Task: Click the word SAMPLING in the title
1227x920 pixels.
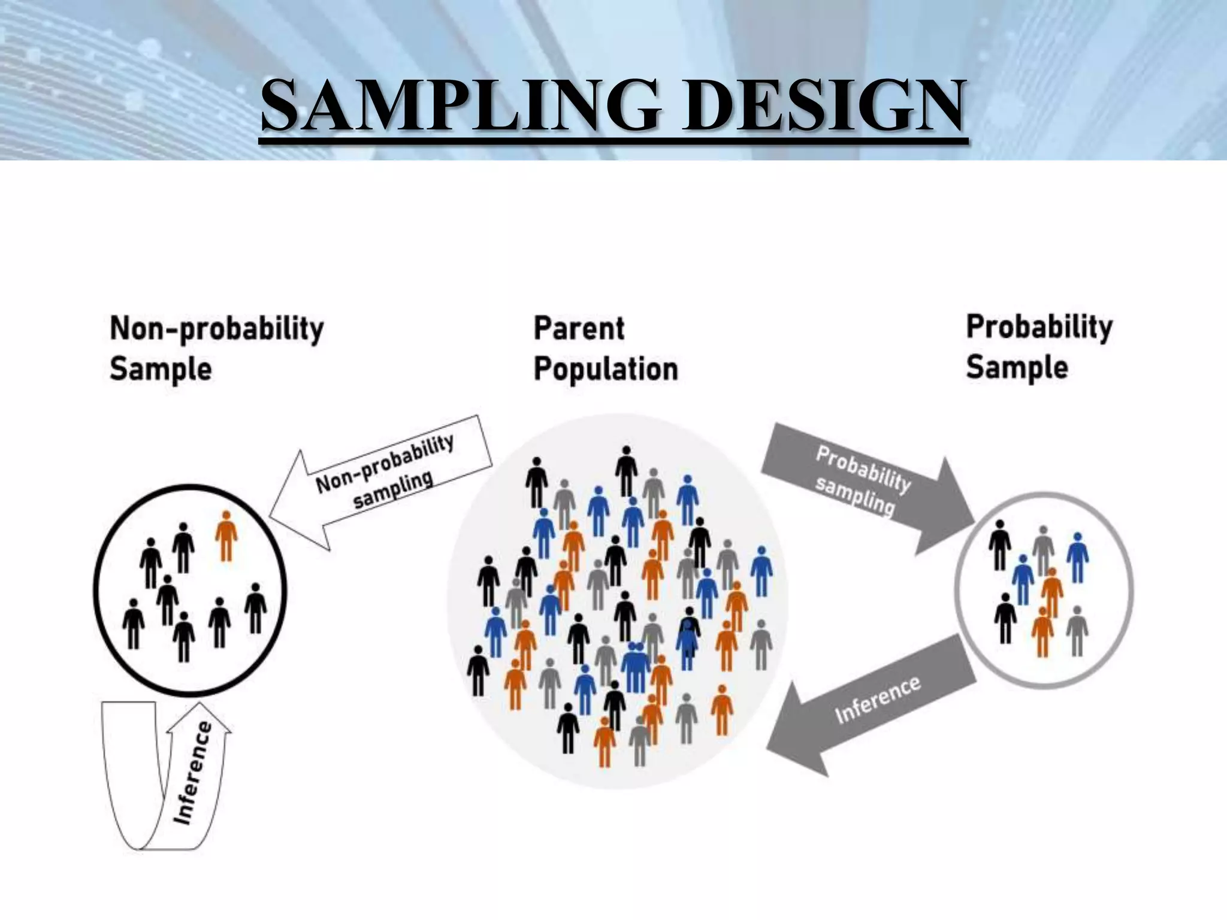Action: click(461, 107)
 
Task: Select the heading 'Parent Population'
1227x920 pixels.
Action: click(605, 348)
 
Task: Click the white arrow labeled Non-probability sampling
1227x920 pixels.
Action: click(383, 479)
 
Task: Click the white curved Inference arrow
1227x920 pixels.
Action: click(180, 779)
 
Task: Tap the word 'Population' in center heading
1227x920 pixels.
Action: click(605, 368)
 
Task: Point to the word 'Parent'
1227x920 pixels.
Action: click(579, 328)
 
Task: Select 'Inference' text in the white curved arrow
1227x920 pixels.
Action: click(193, 773)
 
